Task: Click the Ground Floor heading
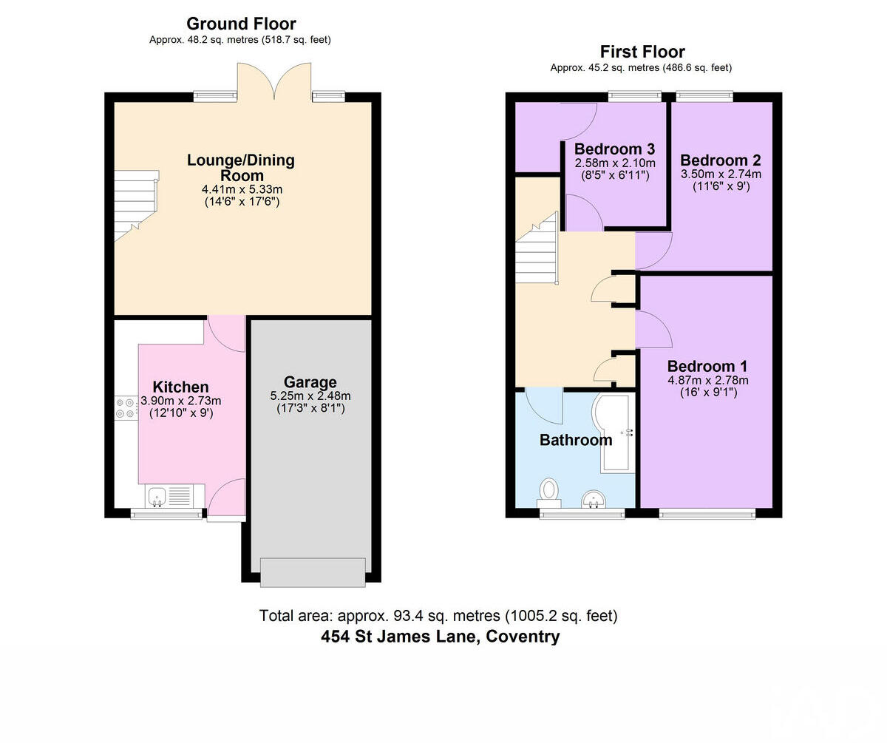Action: (x=241, y=24)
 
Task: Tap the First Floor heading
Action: (x=642, y=52)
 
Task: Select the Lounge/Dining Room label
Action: (x=241, y=168)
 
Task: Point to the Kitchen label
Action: (x=180, y=387)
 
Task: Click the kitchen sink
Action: (x=157, y=496)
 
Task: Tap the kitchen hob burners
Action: (x=124, y=408)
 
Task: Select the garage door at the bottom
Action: (x=313, y=572)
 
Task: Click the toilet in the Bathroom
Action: (x=549, y=489)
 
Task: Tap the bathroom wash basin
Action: (x=594, y=501)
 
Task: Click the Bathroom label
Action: (x=576, y=440)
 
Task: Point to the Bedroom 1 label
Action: (x=707, y=366)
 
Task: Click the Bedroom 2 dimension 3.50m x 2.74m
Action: (x=721, y=174)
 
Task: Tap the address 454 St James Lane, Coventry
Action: (x=441, y=637)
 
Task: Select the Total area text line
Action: (x=438, y=615)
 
